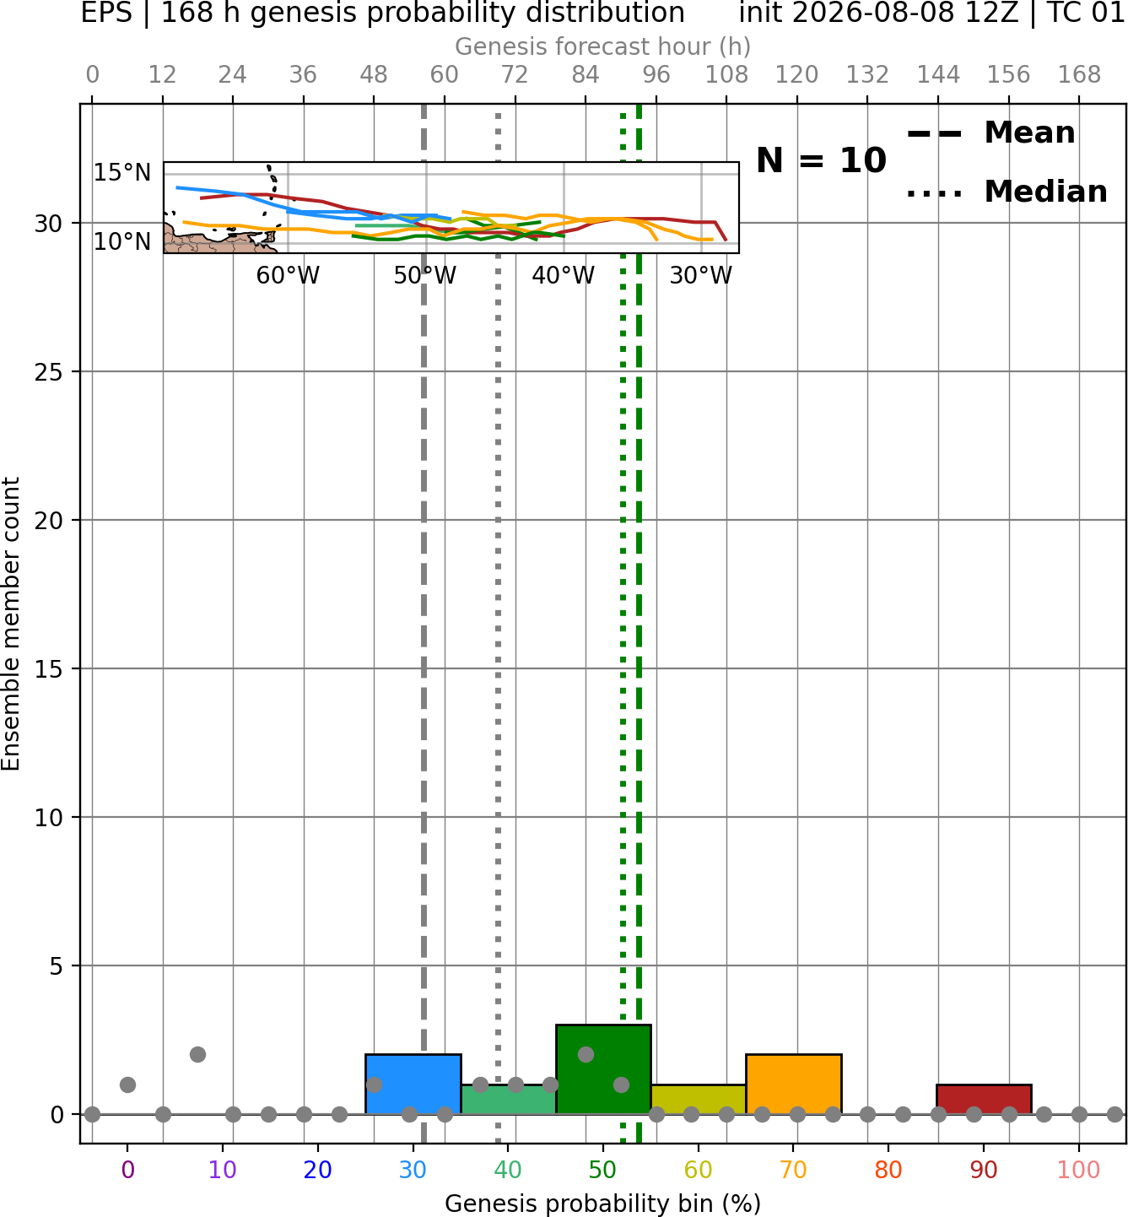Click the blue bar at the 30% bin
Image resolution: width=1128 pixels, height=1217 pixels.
413,1084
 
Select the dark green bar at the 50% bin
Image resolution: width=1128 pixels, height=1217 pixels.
603,1068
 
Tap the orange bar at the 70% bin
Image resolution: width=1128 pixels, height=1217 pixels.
793,1084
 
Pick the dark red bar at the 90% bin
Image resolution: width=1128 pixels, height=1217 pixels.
984,1099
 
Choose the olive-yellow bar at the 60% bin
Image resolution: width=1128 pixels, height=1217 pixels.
699,1099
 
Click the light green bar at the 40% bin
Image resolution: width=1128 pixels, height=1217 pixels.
509,1099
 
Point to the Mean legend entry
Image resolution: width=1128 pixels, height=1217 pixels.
990,133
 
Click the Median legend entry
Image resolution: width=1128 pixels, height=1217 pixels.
1007,192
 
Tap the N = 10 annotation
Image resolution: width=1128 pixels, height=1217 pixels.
821,160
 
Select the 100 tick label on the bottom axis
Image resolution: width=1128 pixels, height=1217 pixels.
1079,1170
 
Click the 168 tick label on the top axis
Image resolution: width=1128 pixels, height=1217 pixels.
1079,75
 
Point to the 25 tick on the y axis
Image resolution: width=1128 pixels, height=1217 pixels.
48,372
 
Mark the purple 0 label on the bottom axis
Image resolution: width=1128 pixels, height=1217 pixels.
127,1170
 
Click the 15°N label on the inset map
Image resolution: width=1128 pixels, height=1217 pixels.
122,173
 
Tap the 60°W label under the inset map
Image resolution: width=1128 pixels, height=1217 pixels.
288,276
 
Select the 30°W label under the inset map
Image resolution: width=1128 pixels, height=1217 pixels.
701,276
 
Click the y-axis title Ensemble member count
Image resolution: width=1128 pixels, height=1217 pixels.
11,624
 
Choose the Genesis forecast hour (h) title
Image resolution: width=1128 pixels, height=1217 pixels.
603,46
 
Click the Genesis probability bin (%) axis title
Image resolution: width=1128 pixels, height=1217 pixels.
603,1203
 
